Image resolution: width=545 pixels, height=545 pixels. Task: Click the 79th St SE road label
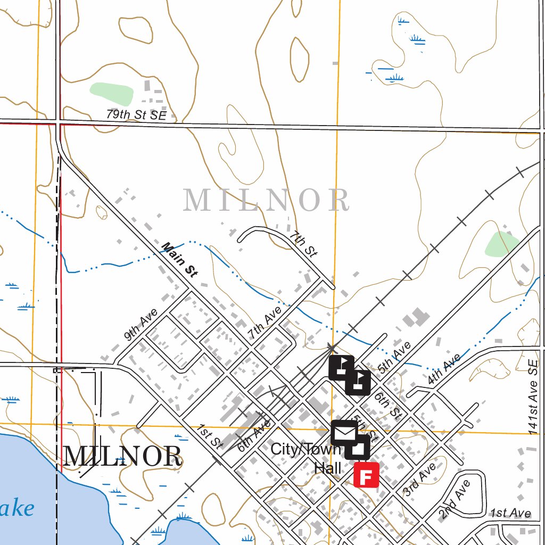(136, 114)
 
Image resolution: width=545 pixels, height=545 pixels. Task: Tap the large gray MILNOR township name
(266, 200)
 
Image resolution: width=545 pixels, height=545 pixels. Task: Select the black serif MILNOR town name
(122, 457)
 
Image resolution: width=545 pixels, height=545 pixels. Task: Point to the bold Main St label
(180, 260)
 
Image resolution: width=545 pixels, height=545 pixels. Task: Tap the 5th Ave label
(394, 357)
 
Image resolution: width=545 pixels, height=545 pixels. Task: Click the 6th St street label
(387, 405)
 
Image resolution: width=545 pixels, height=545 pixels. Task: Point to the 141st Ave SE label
(533, 397)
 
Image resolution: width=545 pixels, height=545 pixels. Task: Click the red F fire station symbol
(366, 475)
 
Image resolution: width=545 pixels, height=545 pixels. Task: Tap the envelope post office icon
(344, 432)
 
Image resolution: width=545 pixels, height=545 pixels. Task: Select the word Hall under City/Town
(327, 468)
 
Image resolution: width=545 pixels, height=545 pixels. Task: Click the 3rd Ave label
(420, 480)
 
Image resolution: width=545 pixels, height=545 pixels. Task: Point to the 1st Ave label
(510, 513)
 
